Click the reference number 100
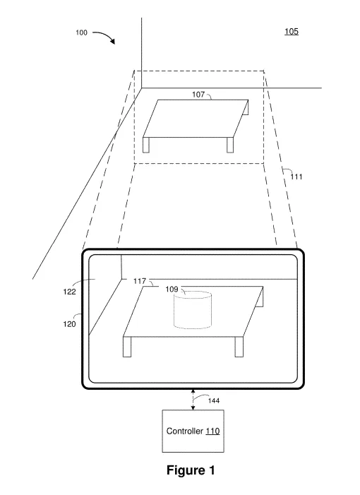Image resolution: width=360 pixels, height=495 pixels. [81, 32]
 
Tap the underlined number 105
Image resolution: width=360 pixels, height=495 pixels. [292, 31]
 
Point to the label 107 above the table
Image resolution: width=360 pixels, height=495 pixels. [198, 95]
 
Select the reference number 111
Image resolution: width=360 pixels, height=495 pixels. [296, 177]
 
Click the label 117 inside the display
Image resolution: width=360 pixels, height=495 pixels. [140, 281]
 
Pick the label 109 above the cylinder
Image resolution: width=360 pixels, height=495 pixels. [172, 290]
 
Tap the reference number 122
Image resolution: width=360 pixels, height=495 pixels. [69, 292]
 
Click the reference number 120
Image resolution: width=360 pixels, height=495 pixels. [69, 324]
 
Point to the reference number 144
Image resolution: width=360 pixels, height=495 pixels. [214, 400]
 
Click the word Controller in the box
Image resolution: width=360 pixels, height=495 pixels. [185, 431]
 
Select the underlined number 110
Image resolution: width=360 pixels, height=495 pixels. [212, 431]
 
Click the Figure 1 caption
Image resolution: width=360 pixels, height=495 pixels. [191, 470]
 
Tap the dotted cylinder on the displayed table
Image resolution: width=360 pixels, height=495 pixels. [193, 310]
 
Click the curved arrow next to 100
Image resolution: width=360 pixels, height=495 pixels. [105, 37]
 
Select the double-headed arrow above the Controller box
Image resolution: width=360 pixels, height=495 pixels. [193, 400]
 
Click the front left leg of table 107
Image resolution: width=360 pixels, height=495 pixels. [146, 145]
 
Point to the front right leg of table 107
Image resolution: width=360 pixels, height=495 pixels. [230, 145]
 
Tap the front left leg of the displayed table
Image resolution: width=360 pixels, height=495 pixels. [127, 347]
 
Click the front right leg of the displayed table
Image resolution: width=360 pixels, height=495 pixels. [239, 347]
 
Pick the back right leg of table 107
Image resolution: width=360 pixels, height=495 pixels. [246, 107]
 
